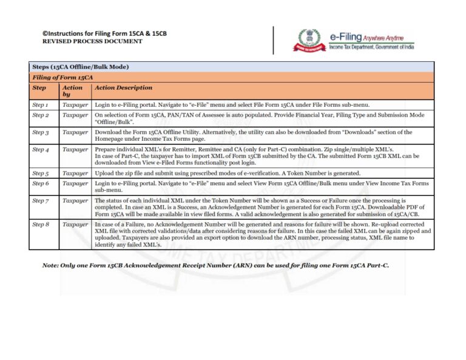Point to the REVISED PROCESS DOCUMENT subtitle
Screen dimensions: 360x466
point(92,41)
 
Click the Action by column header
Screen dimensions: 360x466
point(72,91)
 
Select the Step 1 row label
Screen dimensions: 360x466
point(41,105)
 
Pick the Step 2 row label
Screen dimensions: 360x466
point(41,115)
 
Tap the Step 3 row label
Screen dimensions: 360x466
point(41,132)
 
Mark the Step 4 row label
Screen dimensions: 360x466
point(41,149)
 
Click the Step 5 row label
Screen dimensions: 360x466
point(41,174)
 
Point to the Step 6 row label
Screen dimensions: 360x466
point(41,183)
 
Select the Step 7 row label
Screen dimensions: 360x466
point(41,200)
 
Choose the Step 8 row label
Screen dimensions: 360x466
point(41,225)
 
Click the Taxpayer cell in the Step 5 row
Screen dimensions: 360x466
point(75,174)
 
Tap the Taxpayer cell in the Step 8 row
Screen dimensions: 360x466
point(75,225)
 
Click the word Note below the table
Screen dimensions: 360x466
point(50,266)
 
